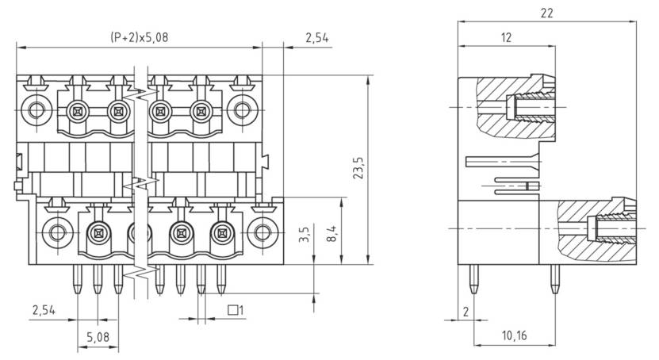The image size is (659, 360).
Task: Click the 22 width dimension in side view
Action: coord(546,13)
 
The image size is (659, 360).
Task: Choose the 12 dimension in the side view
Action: coord(507,37)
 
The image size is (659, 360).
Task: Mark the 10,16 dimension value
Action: coord(514,335)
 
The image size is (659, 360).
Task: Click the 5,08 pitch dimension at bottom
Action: coord(98,337)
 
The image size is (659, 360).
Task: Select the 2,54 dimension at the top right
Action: coord(316,37)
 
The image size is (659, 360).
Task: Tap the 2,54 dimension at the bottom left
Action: coord(44,308)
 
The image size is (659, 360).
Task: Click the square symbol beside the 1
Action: coord(232,310)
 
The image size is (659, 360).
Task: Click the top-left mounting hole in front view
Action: coord(35,109)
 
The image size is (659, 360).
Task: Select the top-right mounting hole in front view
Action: coord(239,109)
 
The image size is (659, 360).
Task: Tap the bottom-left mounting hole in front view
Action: coord(56,233)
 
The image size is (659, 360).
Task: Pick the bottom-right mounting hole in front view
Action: coord(260,233)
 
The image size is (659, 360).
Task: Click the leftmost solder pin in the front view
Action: coord(77,278)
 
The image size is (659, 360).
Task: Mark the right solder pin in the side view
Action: coord(555,278)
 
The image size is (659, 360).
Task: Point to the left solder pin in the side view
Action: coord(474,278)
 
